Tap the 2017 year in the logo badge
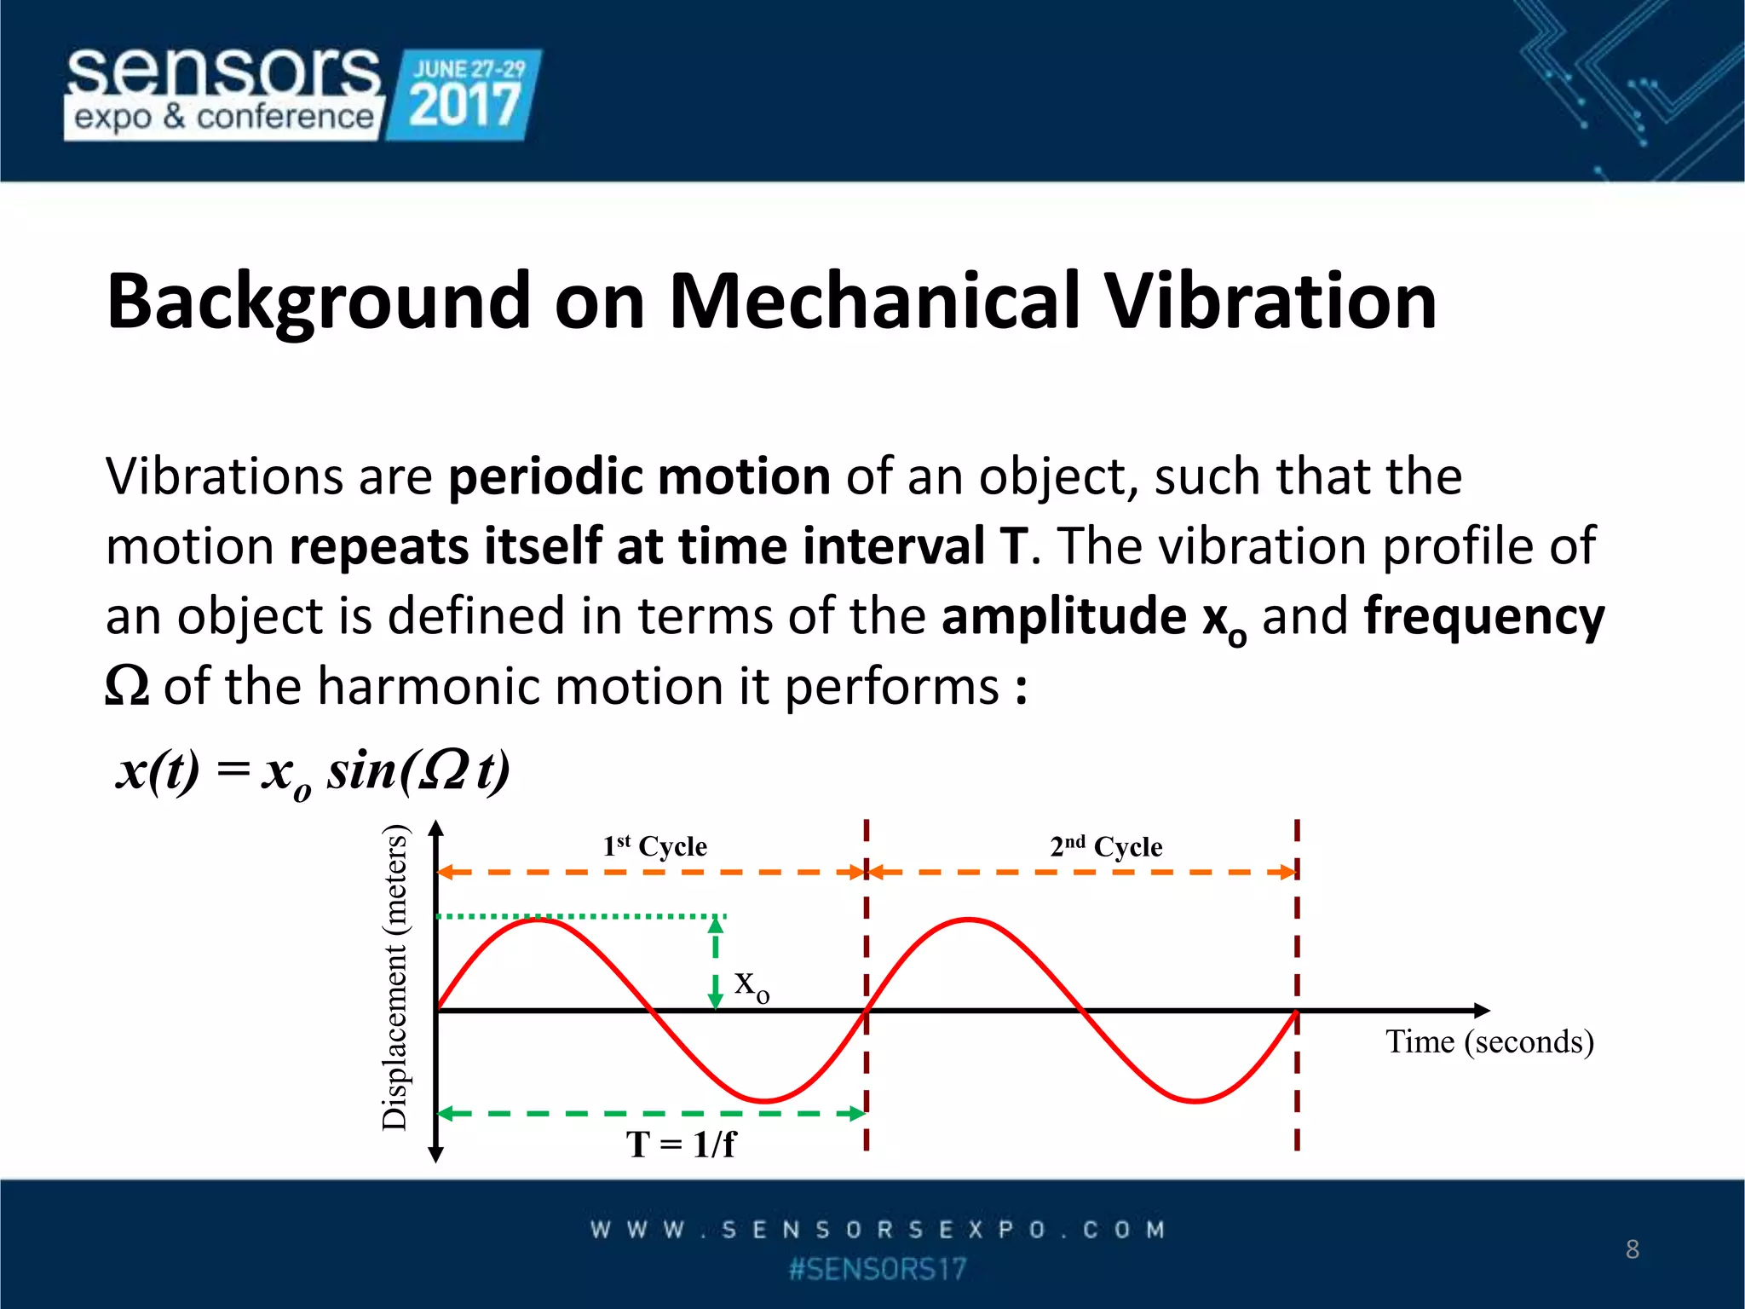464,106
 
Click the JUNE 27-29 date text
469,69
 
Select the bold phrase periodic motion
639,476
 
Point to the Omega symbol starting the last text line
127,686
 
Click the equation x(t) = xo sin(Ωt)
313,771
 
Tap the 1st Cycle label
654,846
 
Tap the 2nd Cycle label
1106,846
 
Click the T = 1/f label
680,1145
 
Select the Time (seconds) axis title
1489,1041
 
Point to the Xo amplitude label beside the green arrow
752,986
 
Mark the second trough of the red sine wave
1196,1100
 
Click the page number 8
1632,1249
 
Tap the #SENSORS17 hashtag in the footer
878,1270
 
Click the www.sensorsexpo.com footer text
878,1230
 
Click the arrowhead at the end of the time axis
1482,1011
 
